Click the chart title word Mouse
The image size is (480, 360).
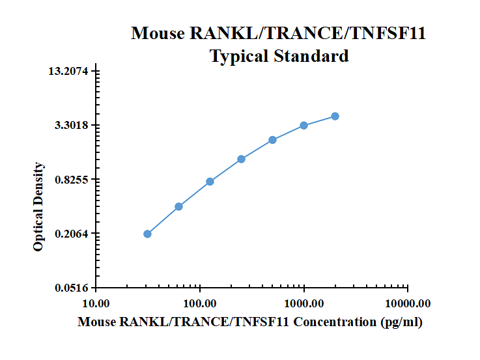click(158, 33)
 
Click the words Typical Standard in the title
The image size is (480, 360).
click(279, 56)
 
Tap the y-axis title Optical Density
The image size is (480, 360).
click(39, 206)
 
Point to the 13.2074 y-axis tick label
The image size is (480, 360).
click(69, 71)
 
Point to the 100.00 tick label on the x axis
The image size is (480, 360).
click(200, 303)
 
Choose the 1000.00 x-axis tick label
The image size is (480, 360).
click(304, 303)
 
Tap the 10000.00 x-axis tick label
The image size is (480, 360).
click(407, 303)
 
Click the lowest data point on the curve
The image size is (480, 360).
click(147, 234)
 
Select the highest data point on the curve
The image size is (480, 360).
click(335, 116)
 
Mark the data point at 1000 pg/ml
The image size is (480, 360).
click(304, 125)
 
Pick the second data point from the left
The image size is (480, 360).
click(178, 206)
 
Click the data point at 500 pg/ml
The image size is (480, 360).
click(272, 140)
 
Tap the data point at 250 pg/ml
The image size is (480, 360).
click(241, 159)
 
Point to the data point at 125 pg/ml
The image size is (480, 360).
click(210, 182)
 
